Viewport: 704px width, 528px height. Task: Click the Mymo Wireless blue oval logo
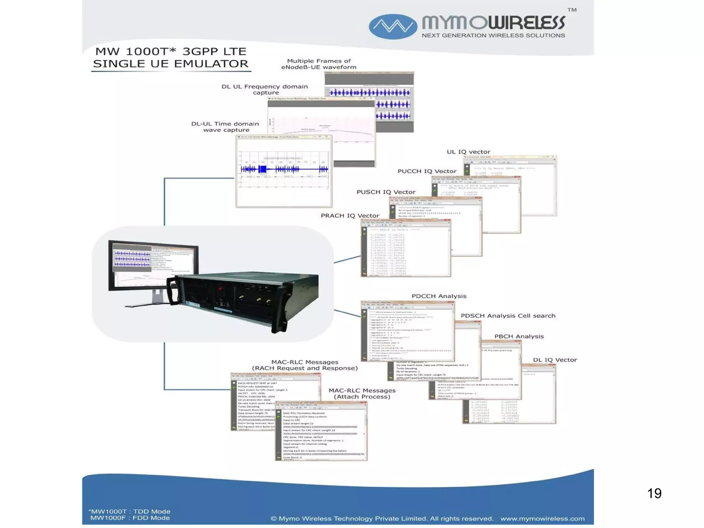(393, 26)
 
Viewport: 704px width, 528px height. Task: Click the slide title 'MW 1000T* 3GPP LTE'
(171, 52)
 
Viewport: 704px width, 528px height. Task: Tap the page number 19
(654, 493)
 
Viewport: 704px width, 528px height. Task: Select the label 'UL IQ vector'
(468, 152)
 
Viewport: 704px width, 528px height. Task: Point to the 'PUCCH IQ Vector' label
(427, 171)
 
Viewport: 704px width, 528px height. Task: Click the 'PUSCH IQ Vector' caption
(386, 192)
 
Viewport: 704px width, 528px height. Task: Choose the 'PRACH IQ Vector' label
(350, 216)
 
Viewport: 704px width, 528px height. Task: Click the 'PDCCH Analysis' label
(439, 296)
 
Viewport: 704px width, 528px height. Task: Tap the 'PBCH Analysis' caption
(519, 337)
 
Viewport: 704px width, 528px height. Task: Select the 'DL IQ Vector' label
(555, 360)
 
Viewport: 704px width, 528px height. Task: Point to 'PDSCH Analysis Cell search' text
(508, 316)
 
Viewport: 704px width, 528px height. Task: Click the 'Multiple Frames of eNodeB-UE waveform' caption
(319, 64)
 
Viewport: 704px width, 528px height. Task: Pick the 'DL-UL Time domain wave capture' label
(225, 127)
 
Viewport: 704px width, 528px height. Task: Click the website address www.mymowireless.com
(542, 519)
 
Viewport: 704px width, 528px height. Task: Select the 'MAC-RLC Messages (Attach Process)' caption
(362, 394)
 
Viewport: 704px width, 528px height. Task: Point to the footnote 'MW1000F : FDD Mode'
(130, 518)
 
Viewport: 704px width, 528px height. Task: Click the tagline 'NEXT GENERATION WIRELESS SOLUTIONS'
(493, 35)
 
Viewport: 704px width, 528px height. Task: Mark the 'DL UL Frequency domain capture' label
(265, 89)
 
